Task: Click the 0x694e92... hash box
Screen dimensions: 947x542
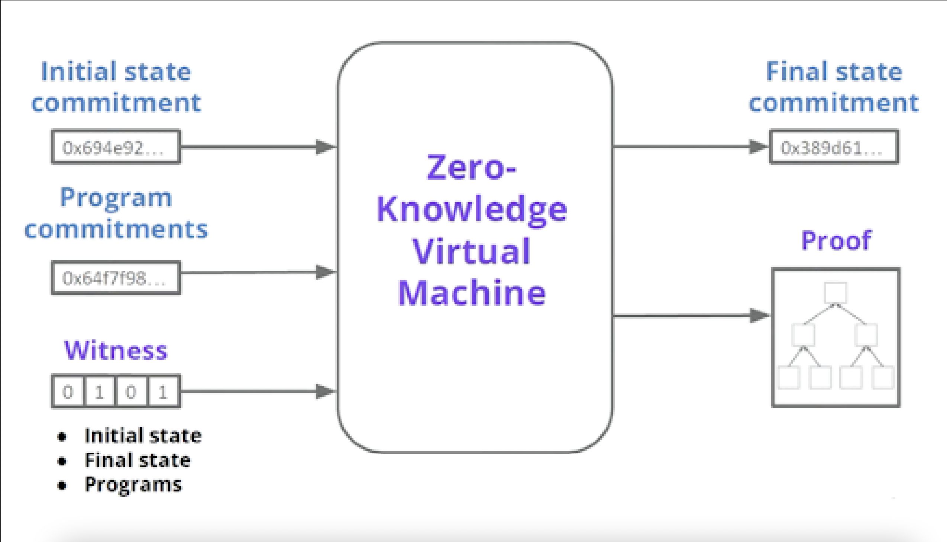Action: [116, 147]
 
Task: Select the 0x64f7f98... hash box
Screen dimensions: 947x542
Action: [116, 278]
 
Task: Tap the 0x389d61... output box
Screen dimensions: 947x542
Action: [834, 147]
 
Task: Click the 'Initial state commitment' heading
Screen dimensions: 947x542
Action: [116, 87]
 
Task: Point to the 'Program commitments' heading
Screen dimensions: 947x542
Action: [116, 213]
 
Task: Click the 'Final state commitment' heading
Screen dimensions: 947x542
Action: [834, 87]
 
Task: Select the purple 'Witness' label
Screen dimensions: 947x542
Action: [116, 350]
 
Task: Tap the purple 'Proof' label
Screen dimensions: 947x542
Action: [836, 240]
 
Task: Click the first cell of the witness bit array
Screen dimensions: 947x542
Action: [68, 391]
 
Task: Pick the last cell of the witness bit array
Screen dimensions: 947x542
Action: [164, 391]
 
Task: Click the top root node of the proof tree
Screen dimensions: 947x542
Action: [836, 293]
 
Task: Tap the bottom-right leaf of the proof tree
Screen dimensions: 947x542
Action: [883, 377]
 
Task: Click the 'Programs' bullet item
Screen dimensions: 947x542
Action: [133, 485]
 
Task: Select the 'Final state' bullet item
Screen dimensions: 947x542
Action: [138, 460]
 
